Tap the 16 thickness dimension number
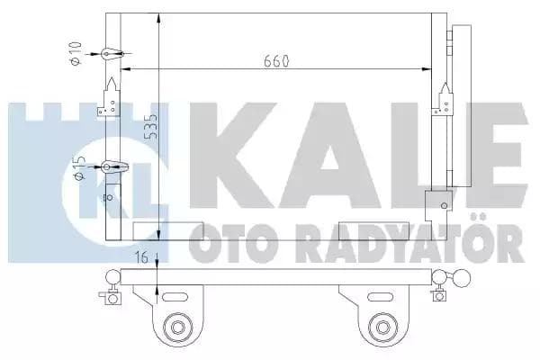click(x=140, y=258)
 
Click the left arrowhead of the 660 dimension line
click(x=124, y=69)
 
